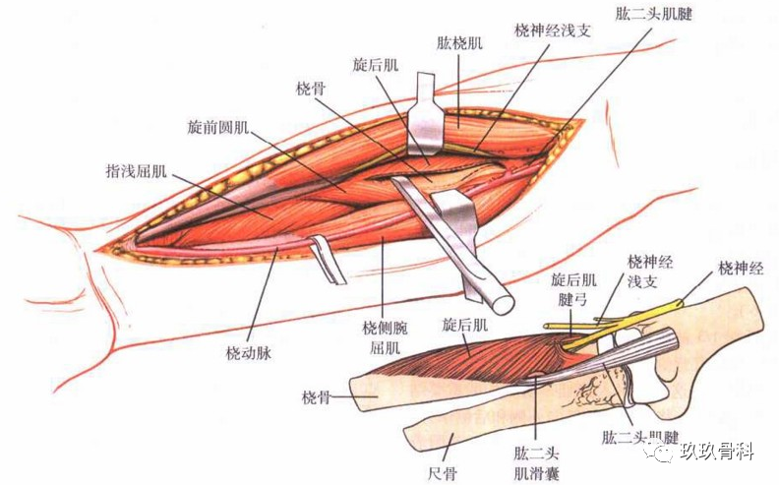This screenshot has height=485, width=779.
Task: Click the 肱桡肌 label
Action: coord(460,43)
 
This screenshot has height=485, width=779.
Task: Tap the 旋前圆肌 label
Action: coord(219,128)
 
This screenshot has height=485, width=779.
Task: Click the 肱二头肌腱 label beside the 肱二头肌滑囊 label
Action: coord(639,436)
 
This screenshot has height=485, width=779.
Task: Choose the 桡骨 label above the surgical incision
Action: coord(311,89)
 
